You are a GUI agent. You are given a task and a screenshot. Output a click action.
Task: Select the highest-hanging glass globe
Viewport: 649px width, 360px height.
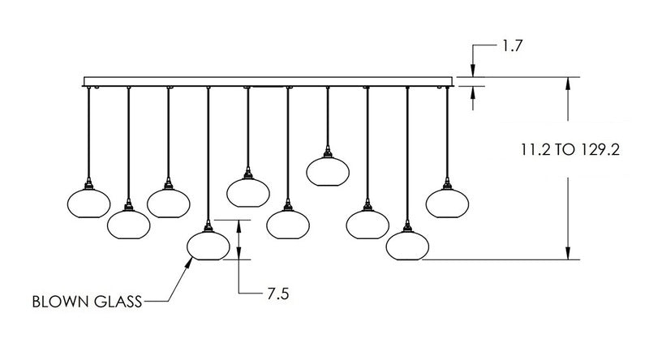[x=328, y=170]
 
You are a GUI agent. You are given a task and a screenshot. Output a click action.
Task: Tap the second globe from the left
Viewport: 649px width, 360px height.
[x=128, y=223]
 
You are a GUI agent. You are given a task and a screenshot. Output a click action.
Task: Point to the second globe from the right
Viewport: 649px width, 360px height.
[x=406, y=246]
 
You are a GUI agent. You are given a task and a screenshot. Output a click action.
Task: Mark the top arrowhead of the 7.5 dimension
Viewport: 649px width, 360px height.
[x=239, y=223]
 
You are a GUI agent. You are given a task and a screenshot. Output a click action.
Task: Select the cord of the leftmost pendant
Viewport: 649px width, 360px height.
[x=88, y=134]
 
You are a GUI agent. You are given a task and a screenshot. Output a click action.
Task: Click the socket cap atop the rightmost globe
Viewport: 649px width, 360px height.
[x=447, y=182]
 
